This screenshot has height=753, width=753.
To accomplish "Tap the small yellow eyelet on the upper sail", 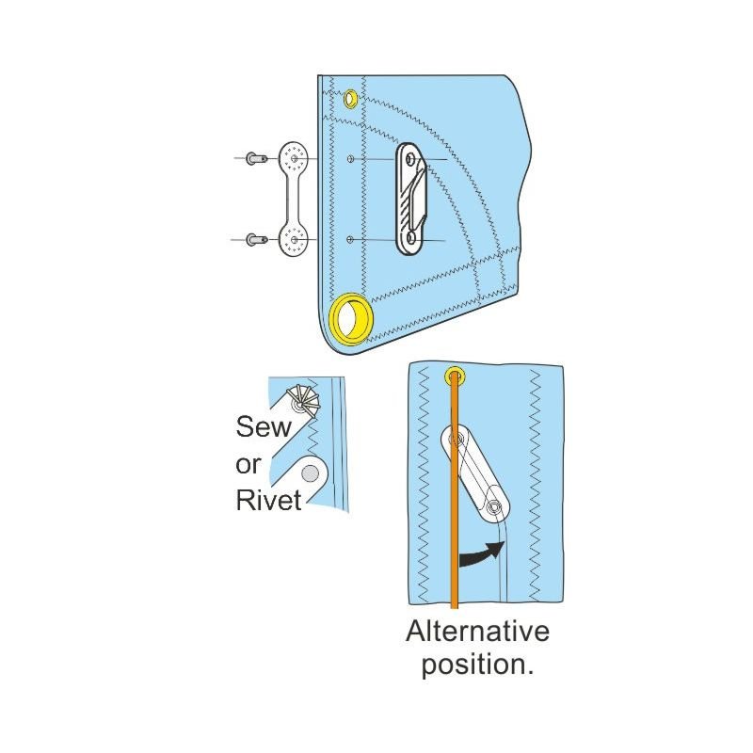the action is [350, 98].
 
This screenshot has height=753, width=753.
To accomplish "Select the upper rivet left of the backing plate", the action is [253, 159].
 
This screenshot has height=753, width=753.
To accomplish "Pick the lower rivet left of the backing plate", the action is [253, 240].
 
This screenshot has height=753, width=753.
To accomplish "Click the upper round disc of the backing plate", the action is [294, 157].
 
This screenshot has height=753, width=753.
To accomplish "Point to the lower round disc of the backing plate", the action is [295, 241].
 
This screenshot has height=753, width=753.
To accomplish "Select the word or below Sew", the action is [248, 464].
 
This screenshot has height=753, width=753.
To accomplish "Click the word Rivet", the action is [268, 500].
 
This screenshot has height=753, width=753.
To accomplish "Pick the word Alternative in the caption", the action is [477, 632].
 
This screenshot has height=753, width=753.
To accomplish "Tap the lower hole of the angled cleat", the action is [494, 508].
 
